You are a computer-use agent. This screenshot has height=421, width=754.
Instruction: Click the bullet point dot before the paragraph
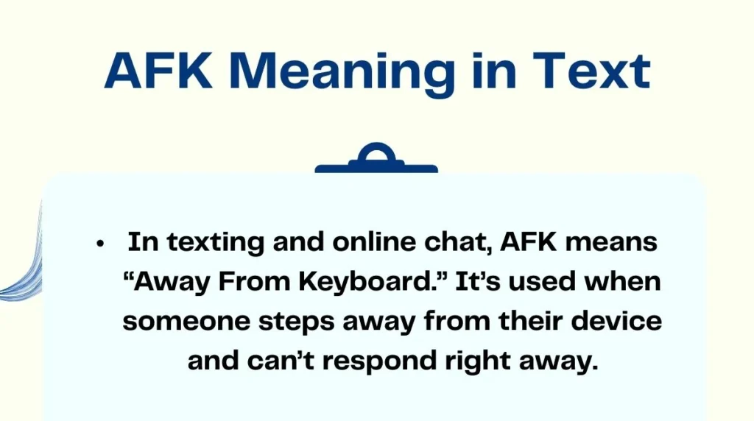pyautogui.click(x=100, y=244)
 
